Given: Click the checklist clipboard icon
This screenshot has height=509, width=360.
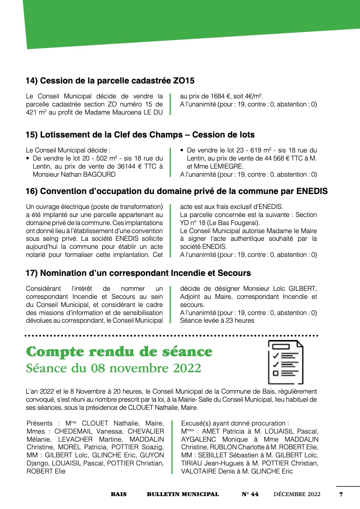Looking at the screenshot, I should pos(286,362).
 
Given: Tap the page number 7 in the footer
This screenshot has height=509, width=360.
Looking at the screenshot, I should pos(341,494).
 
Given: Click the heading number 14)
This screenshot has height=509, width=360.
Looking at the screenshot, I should pos(32,81).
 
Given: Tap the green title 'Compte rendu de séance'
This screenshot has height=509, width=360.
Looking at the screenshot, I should pos(119,352).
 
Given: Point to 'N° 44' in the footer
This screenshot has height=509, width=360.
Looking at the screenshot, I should pos(250,494).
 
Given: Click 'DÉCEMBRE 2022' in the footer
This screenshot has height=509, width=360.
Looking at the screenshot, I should pos(297,494).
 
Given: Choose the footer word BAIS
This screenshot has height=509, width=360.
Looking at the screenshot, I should pos(119,494).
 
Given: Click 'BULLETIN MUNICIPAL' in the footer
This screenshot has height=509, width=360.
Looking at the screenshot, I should pos(182,494).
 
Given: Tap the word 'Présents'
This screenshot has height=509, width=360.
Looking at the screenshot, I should pos(39,423).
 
